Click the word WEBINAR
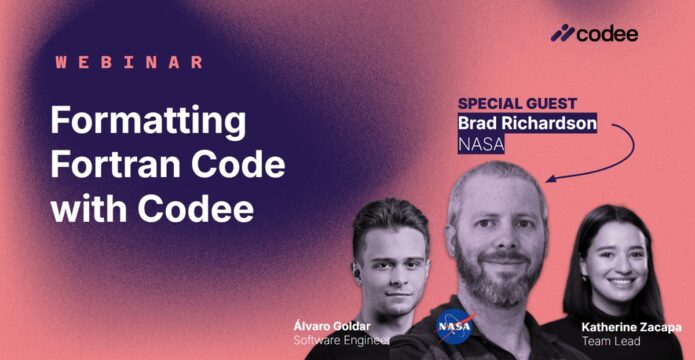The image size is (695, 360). pos(129,62)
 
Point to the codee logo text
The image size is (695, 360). pos(608,34)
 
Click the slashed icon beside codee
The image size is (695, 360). pos(562,33)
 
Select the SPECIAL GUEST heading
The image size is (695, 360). pos(517,103)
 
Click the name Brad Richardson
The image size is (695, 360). pos(527,123)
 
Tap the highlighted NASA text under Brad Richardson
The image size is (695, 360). pos(481,144)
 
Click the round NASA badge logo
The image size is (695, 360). pos(454,326)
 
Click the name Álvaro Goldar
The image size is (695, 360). pos(332,327)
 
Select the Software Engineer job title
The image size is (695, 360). pos(341,340)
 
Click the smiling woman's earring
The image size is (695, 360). pos(584,278)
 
